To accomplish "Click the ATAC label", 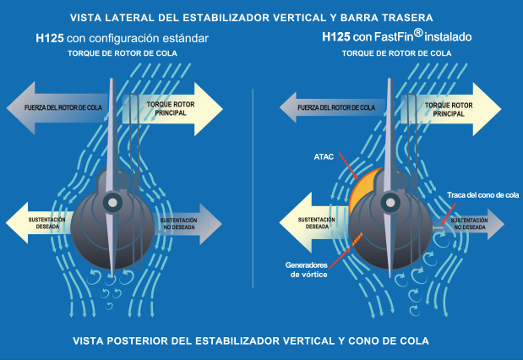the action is (x=324, y=157).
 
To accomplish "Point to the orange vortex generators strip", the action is (x=357, y=239).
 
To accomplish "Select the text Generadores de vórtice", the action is (x=307, y=270).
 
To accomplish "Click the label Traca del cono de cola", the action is (x=482, y=195).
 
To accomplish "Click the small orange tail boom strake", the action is (x=438, y=227).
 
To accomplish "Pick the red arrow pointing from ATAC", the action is (x=348, y=166).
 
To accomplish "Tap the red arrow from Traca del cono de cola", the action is (x=448, y=214).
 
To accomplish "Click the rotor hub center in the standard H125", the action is (x=112, y=203).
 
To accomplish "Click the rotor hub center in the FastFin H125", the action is (x=390, y=203).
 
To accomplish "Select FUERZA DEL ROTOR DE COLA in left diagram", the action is (x=63, y=107).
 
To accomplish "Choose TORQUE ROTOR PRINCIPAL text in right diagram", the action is (x=449, y=109).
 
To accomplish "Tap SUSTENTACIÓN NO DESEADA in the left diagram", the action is (x=179, y=224).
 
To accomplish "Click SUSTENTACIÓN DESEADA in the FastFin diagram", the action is (x=317, y=223).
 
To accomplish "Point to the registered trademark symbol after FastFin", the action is (x=418, y=33).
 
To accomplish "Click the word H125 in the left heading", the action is (x=50, y=38).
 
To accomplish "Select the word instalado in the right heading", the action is (x=448, y=36).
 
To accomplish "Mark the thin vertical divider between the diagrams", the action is (x=253, y=188).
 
